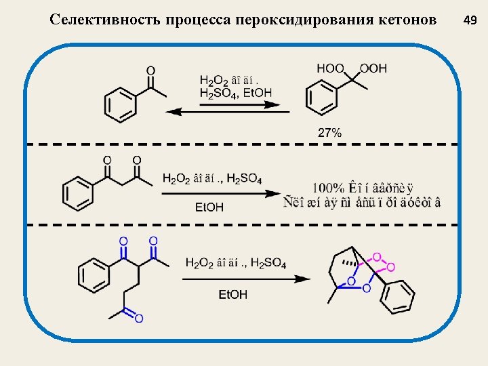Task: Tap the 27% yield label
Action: pyautogui.click(x=329, y=133)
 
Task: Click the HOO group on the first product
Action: pyautogui.click(x=330, y=68)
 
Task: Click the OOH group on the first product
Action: pyautogui.click(x=373, y=68)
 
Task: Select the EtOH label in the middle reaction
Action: pyautogui.click(x=209, y=207)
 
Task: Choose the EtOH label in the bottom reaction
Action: pyautogui.click(x=232, y=294)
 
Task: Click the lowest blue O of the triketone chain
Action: pyautogui.click(x=138, y=318)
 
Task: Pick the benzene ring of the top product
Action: pyautogui.click(x=321, y=98)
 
